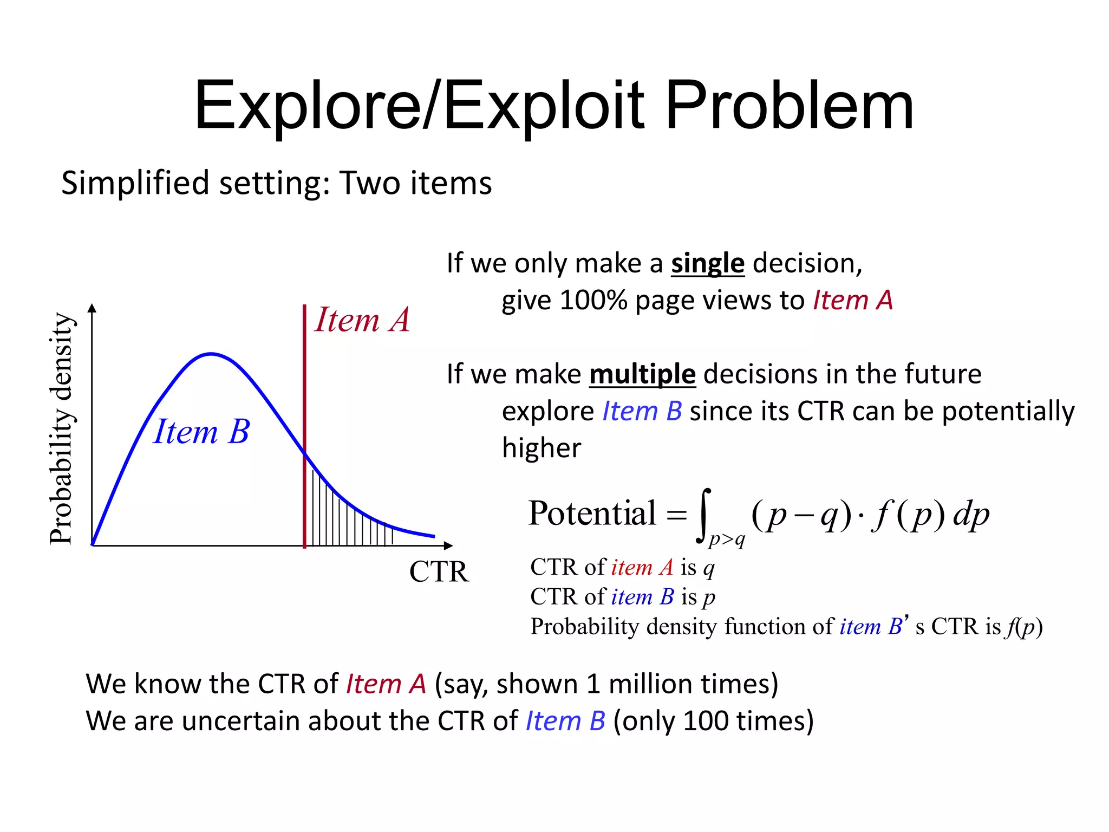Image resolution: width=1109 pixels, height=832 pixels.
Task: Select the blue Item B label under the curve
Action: click(201, 432)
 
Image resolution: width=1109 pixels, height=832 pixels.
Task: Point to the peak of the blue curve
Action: click(211, 354)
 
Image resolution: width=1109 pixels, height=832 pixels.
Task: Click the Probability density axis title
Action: click(61, 428)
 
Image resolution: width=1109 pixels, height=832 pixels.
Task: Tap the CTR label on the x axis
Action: click(439, 571)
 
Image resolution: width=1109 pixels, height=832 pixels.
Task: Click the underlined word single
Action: click(707, 264)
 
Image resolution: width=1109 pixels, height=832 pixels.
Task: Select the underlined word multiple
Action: click(642, 374)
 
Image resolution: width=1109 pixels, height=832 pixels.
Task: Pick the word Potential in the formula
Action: click(592, 513)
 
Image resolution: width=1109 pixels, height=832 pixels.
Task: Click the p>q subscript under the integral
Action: click(727, 539)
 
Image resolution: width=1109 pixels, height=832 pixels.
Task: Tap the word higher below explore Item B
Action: click(541, 448)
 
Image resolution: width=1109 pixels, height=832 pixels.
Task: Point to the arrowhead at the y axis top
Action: click(92, 308)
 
